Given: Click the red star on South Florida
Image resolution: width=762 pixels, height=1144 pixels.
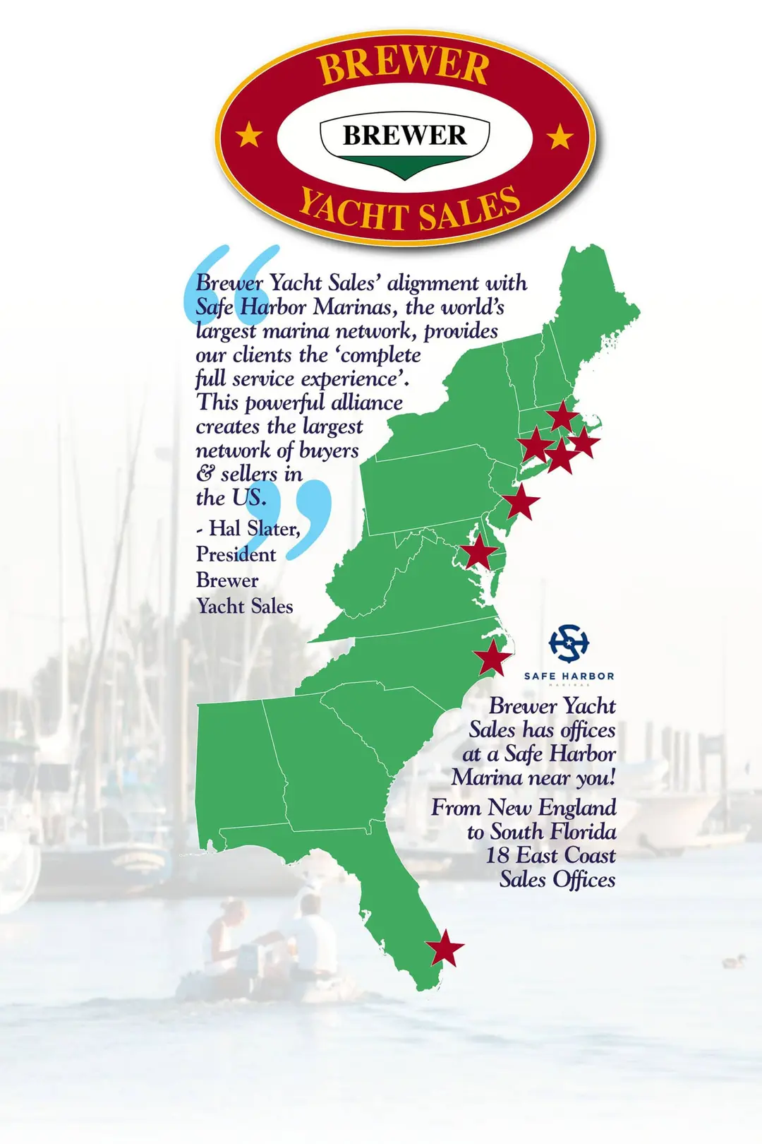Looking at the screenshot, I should click(x=445, y=948).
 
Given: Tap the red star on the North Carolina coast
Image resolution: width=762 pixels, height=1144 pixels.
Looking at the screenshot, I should click(x=492, y=657).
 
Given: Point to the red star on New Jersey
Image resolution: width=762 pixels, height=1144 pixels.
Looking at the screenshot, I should click(x=521, y=501).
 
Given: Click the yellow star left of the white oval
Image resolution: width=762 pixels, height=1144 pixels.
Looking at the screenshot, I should click(x=248, y=133).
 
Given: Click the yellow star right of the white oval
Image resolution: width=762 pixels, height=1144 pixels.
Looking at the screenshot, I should click(x=560, y=136).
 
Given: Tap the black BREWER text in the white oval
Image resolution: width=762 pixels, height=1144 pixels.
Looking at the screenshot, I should click(x=404, y=135).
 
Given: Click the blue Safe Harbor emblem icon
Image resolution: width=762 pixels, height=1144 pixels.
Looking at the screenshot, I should click(x=569, y=643).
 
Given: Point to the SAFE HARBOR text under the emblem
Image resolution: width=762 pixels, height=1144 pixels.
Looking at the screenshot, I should click(x=569, y=676).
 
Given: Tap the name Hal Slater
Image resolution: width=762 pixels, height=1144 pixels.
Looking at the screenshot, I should click(x=255, y=528).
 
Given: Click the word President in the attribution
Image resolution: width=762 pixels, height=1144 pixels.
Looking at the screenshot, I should click(x=236, y=554).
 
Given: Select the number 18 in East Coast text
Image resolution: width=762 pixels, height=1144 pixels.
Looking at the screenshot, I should click(x=497, y=855).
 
